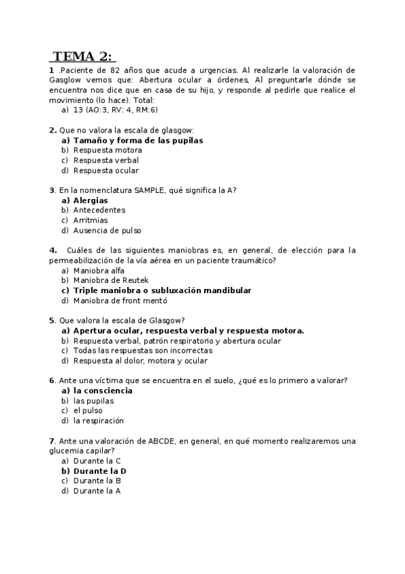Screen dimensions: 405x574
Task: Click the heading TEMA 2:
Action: pos(82,56)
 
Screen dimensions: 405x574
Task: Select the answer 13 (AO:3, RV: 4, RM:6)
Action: pos(115,109)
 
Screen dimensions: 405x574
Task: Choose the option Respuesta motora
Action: pos(108,150)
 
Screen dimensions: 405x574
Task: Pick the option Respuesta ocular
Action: pos(106,171)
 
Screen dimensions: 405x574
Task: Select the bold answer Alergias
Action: pos(91,200)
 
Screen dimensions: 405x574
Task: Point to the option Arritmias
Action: pos(91,220)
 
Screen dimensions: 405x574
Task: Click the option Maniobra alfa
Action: pos(99,270)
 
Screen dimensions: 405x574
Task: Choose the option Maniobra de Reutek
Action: pos(110,280)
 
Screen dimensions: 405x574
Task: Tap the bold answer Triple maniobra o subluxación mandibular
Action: pos(162,290)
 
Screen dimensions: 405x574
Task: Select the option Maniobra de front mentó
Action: pos(120,301)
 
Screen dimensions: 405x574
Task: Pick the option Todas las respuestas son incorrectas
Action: pos(143,351)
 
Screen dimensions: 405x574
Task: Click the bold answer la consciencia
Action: pos(103,391)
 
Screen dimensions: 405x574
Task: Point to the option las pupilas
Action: pos(93,401)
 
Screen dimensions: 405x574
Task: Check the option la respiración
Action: pos(99,420)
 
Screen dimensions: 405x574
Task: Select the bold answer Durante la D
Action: pos(100,470)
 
